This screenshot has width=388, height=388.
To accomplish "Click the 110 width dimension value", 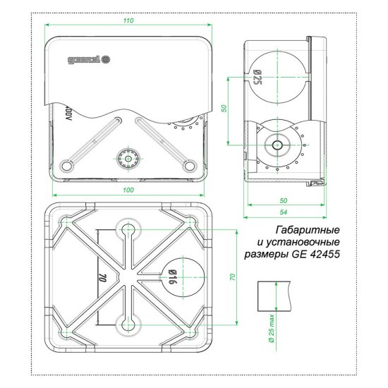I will (x=128, y=21).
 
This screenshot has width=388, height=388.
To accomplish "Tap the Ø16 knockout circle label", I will (x=171, y=281).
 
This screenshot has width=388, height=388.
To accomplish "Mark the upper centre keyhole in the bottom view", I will (x=128, y=230).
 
